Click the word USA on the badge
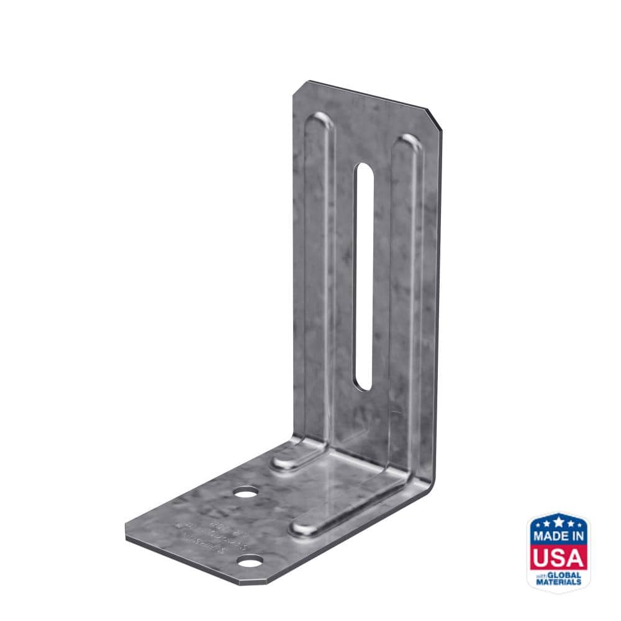[558, 557]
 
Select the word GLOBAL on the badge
[566, 576]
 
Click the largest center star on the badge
[558, 520]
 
